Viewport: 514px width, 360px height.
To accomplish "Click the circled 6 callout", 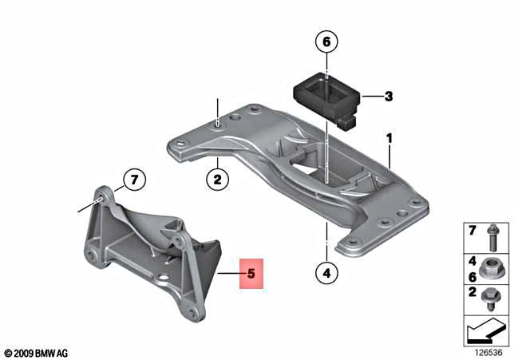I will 326,40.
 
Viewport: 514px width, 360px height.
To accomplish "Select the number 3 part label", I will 389,97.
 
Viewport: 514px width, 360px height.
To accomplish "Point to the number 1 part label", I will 389,138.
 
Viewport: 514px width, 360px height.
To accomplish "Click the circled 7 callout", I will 135,180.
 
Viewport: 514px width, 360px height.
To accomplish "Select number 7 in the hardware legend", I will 472,231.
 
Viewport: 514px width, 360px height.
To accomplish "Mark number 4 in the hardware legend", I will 472,259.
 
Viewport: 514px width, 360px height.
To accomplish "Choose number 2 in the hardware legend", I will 472,292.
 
